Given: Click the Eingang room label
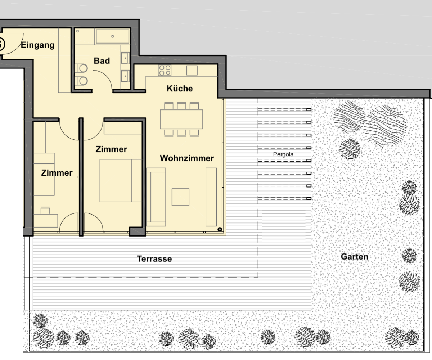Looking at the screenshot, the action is [38, 45].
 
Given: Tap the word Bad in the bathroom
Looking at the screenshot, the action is [102, 61].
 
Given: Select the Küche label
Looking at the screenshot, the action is [180, 89].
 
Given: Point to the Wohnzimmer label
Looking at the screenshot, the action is [187, 158].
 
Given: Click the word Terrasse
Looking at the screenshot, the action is [154, 259].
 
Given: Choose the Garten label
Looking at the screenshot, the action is [355, 257].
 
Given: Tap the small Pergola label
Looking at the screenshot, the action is [283, 154].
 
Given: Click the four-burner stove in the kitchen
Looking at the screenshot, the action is [165, 70].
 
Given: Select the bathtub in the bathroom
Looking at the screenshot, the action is [113, 36].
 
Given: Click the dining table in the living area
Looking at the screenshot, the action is [181, 119].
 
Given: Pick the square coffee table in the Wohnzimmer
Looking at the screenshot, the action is [180, 197].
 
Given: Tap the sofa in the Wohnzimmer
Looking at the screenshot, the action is [156, 197].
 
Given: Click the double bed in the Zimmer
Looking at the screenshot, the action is [121, 181].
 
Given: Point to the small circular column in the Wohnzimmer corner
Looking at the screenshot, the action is [220, 229].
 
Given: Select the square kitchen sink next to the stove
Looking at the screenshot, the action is [192, 71].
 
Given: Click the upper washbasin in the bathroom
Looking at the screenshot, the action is [125, 58].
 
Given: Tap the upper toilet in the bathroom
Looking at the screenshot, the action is [81, 68].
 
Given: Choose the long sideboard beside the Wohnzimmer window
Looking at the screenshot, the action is [211, 197].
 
